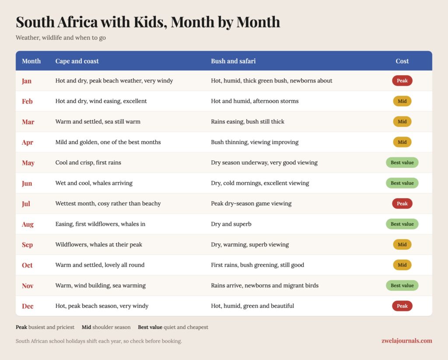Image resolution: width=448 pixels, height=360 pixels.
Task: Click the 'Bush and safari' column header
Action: [x=233, y=61]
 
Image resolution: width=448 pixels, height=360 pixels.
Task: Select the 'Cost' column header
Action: [x=402, y=61]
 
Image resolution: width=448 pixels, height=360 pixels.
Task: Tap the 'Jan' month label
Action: [x=27, y=81]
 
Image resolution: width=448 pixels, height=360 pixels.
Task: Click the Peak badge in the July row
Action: [x=402, y=203]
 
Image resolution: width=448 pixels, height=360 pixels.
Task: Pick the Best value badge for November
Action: [x=402, y=286]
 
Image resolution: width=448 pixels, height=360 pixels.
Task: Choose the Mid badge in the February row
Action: [x=402, y=101]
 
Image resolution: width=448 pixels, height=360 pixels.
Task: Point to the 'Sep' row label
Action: [x=28, y=245]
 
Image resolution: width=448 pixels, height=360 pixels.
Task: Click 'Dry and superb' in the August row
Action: [x=231, y=224]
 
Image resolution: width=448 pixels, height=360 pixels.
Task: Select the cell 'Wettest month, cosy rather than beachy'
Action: [x=108, y=203]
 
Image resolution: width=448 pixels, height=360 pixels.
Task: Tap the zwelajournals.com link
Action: [x=406, y=341]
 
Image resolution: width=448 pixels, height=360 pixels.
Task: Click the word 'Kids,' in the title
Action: [x=150, y=22]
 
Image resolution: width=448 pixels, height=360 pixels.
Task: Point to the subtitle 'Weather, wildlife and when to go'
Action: [x=60, y=38]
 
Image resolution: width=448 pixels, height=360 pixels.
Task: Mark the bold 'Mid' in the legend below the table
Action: [x=86, y=327]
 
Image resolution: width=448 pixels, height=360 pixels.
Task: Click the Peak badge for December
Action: [x=402, y=306]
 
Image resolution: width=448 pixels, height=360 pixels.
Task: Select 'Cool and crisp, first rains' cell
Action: [x=88, y=163]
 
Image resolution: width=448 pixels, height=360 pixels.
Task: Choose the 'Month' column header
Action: [x=31, y=61]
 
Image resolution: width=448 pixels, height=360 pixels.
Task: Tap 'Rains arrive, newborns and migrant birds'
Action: [x=265, y=286]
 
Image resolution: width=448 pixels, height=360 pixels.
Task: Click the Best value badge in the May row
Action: [x=402, y=163]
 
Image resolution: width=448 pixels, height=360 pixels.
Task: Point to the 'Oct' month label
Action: [x=27, y=265]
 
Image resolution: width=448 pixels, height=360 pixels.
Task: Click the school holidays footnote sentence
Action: [x=98, y=341]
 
